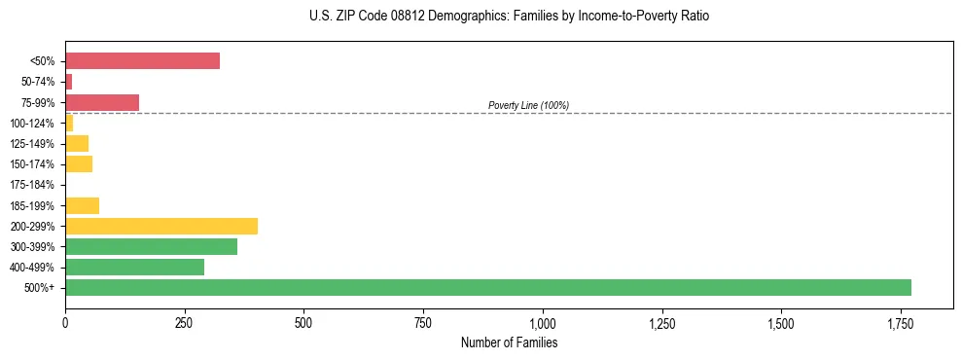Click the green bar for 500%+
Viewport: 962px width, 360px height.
click(x=487, y=287)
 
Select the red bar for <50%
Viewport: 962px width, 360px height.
click(x=142, y=61)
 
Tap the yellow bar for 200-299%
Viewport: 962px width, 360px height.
click(x=161, y=226)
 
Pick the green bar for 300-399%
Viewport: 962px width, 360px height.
click(x=151, y=246)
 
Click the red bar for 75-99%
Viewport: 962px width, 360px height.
click(x=102, y=102)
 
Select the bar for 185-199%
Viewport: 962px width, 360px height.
click(x=82, y=205)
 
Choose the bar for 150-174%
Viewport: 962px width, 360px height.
click(x=79, y=164)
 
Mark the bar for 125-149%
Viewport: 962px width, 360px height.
click(x=77, y=143)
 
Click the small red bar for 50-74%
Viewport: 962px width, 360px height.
click(x=69, y=82)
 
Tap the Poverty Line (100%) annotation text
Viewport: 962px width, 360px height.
click(x=528, y=105)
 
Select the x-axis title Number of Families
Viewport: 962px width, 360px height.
click(x=509, y=342)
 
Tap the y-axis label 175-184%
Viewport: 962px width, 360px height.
click(x=33, y=185)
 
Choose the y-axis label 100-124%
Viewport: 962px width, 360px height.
click(x=33, y=124)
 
